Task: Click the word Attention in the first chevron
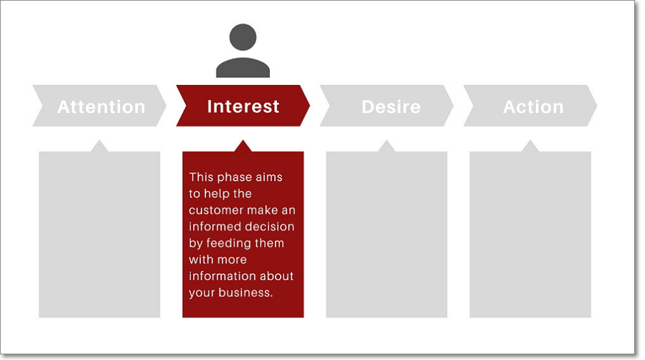click(x=101, y=107)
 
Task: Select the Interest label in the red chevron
click(x=243, y=106)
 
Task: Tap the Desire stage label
click(x=390, y=107)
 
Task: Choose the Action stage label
click(x=533, y=107)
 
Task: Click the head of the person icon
click(x=242, y=37)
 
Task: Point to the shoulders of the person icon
click(x=242, y=68)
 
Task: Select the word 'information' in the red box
click(x=219, y=276)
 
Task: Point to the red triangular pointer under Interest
click(x=242, y=146)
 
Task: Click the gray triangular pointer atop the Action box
click(x=530, y=146)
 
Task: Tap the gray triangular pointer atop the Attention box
click(x=100, y=146)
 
